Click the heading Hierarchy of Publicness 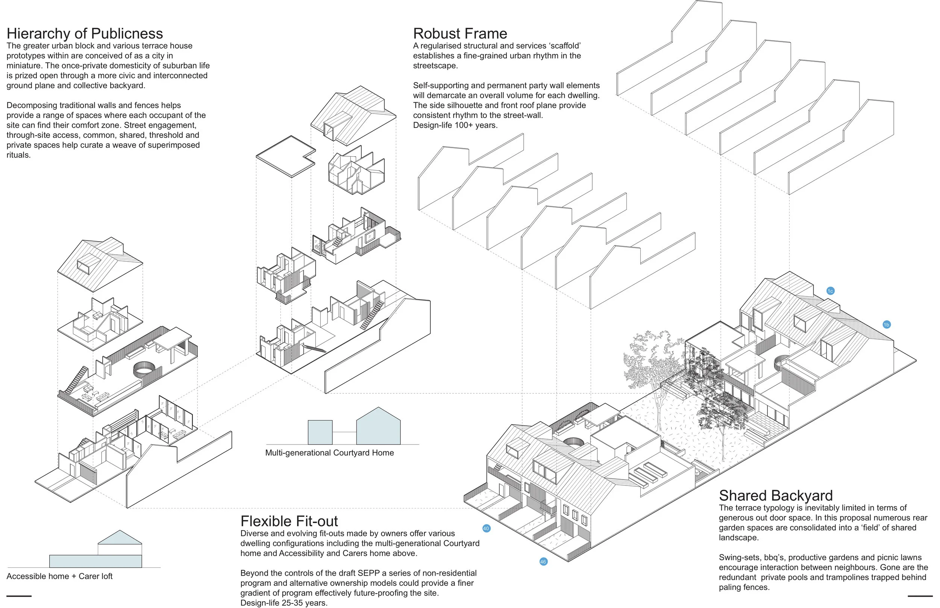[85, 33]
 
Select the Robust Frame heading [460, 33]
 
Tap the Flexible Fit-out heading [289, 521]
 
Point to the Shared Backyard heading [775, 496]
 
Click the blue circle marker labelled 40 [486, 528]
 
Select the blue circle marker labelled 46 [543, 561]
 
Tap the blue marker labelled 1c [830, 291]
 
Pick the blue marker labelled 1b [886, 325]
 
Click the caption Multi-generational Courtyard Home [329, 453]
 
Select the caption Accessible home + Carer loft [60, 576]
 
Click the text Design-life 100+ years [455, 125]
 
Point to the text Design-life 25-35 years [284, 603]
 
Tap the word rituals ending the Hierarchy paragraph [18, 155]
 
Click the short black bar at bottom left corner [19, 596]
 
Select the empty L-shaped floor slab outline [285, 156]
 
